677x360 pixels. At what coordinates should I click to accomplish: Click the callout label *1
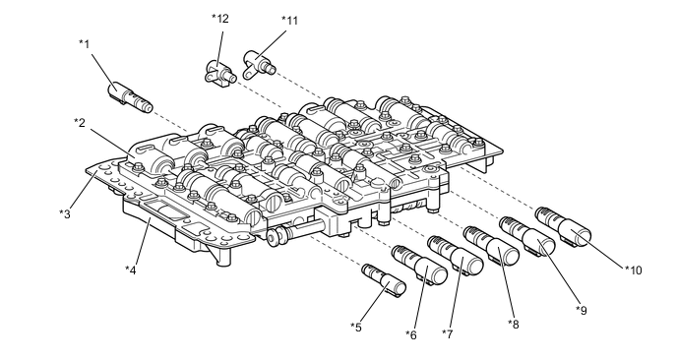[85, 44]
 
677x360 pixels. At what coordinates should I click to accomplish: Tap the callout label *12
[220, 19]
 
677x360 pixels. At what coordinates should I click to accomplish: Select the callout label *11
[289, 21]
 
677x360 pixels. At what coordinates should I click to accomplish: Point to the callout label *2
[80, 123]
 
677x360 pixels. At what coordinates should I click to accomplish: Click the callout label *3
[65, 213]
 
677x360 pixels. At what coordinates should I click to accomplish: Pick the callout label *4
[131, 270]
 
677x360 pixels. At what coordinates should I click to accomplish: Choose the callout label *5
[356, 328]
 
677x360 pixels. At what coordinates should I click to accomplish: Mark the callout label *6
[411, 334]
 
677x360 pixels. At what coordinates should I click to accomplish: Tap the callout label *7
[448, 333]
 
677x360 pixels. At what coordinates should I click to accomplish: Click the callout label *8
[514, 324]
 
